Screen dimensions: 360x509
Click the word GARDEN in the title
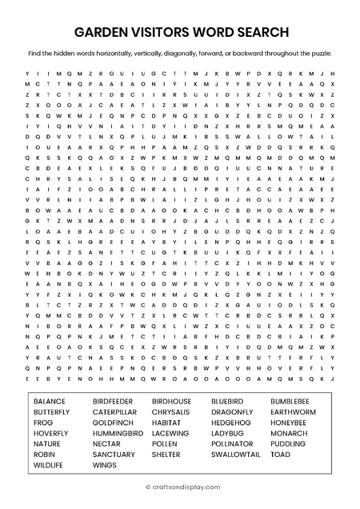[102, 32]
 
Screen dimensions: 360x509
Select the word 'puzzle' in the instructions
[318, 54]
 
